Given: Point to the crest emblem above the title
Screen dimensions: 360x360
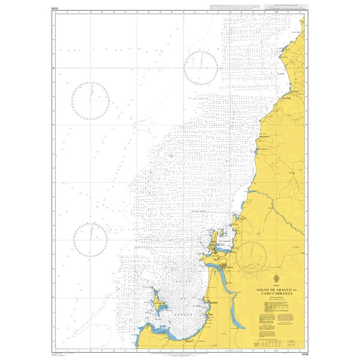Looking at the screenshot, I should (x=275, y=277).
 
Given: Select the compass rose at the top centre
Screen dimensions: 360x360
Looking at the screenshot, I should (x=200, y=67).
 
